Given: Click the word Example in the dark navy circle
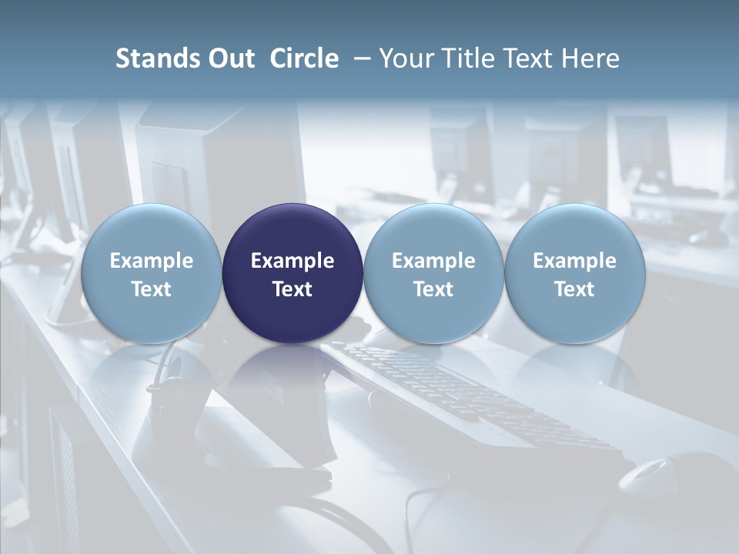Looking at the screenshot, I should (293, 261).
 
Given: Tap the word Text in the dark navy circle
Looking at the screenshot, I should (293, 289).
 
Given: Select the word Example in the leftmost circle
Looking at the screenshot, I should (152, 261).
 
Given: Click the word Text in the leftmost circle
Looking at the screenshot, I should (152, 289).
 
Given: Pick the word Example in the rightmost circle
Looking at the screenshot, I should (574, 261).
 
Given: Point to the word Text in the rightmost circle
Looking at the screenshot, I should (574, 289).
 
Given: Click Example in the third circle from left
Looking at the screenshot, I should (433, 261).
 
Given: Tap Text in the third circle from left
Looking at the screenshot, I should (433, 289).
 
